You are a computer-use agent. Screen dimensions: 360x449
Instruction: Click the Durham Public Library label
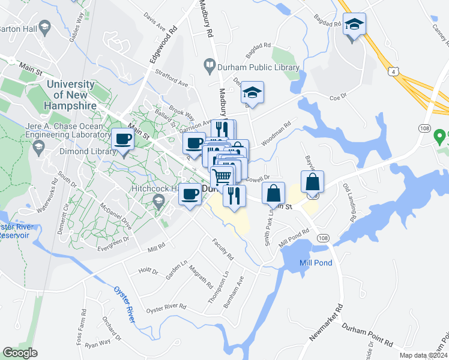258,67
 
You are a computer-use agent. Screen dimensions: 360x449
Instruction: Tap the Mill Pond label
316,263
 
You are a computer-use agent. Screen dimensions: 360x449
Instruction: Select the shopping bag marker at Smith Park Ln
273,194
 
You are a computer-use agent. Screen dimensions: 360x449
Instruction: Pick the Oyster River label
124,301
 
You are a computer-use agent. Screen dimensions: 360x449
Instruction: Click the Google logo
20,352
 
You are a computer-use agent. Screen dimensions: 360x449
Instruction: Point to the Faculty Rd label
223,247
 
